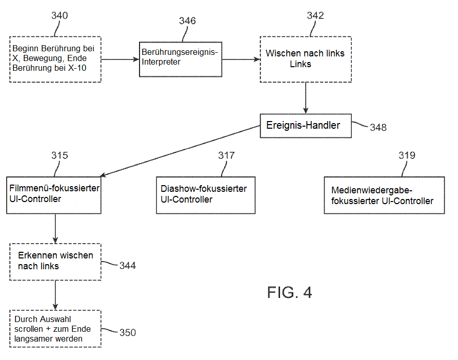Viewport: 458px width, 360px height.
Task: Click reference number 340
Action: point(59,15)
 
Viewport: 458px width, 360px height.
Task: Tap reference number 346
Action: point(187,21)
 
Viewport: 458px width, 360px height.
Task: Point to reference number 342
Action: point(315,15)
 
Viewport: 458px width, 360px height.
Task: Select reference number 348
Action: point(378,127)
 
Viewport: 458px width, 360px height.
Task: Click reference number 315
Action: point(59,155)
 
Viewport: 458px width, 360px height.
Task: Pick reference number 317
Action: point(226,155)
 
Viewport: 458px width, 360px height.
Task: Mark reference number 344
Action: point(127,265)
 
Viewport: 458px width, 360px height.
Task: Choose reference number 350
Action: point(127,332)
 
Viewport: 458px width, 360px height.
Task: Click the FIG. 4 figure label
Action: point(289,292)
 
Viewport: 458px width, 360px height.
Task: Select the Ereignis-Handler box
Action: point(306,126)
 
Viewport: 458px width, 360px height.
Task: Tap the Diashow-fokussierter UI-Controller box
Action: point(205,194)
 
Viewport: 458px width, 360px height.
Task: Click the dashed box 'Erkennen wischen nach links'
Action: point(55,261)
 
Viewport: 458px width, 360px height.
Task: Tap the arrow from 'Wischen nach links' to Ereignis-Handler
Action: point(306,97)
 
